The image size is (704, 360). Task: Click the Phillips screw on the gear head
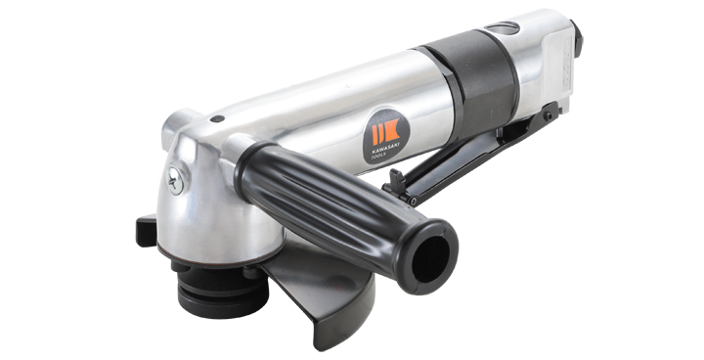175,180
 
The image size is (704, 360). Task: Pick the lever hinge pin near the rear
550,114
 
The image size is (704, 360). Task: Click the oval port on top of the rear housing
506,29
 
